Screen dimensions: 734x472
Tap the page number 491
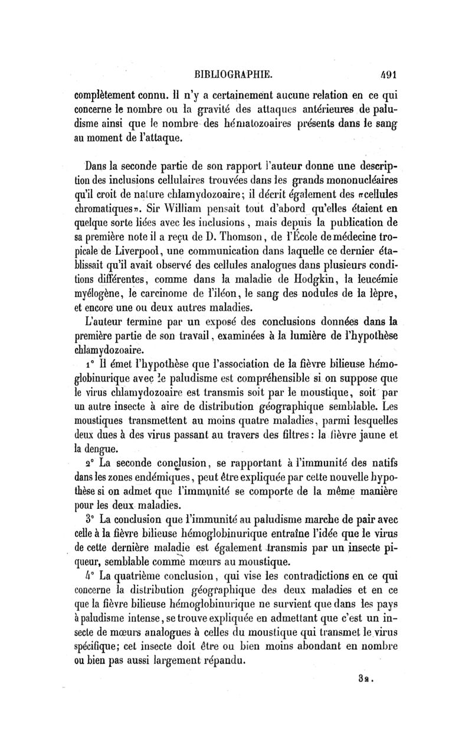pyautogui.click(x=389, y=74)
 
